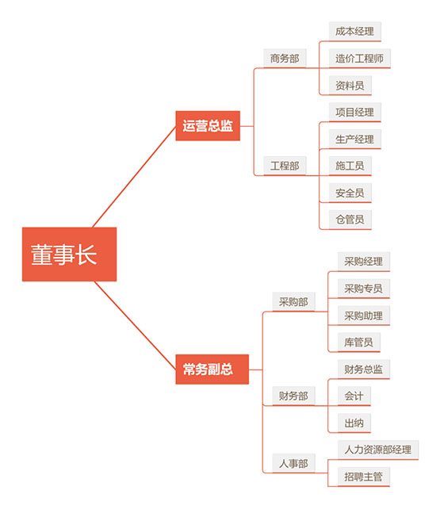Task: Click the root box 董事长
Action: tap(69, 254)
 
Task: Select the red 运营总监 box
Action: tap(208, 125)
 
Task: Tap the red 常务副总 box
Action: tap(212, 369)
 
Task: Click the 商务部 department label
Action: tap(285, 59)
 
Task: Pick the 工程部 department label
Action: tap(285, 166)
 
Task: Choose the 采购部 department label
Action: tap(293, 302)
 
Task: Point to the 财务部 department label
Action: tap(293, 396)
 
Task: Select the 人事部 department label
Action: tap(293, 463)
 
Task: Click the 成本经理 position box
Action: tap(354, 32)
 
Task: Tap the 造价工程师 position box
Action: tap(359, 59)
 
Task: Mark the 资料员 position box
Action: tap(350, 86)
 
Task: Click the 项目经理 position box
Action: tap(354, 113)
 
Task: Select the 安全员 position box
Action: tap(350, 193)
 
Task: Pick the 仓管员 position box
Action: tap(350, 220)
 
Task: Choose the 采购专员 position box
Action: tap(363, 289)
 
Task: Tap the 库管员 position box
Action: tap(358, 343)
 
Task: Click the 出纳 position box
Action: tap(354, 423)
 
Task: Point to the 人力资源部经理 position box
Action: tap(378, 450)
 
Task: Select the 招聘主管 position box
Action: tap(363, 476)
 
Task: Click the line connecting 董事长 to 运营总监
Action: tap(134, 177)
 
